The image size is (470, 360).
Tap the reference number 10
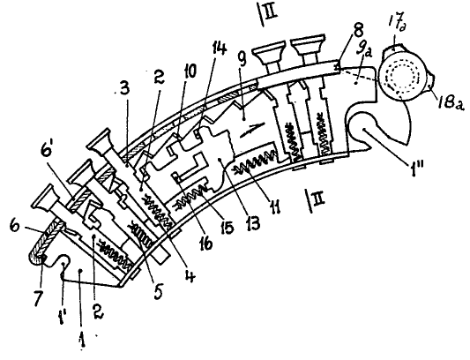pos(189,72)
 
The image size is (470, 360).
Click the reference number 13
pos(252,223)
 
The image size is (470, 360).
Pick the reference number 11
pos(274,206)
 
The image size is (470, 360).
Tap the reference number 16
pos(206,242)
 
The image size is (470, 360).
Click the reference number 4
pos(190,274)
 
